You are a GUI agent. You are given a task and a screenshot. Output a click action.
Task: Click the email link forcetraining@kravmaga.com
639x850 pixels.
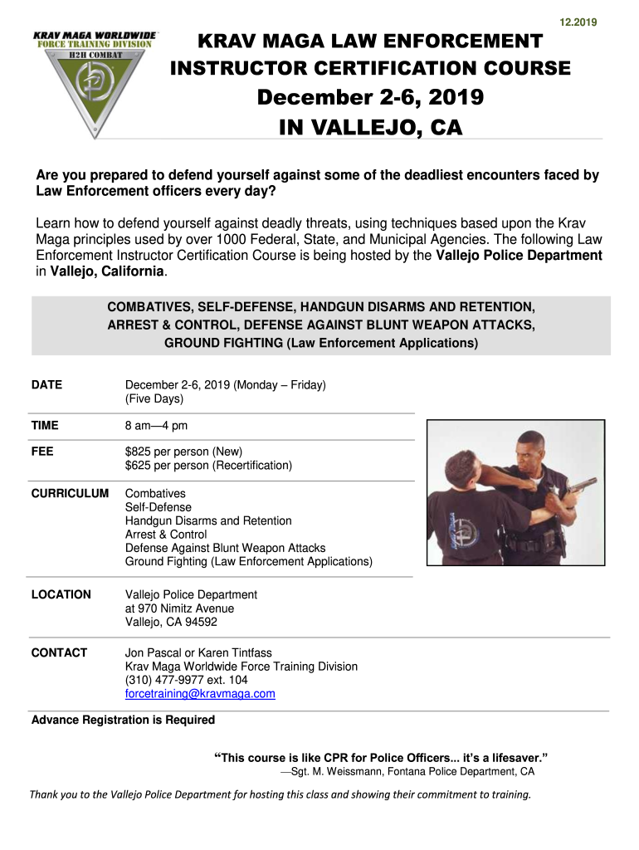click(200, 694)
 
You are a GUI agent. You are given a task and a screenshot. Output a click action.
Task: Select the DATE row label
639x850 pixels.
click(46, 385)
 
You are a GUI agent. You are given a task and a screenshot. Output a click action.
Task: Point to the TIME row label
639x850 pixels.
click(45, 426)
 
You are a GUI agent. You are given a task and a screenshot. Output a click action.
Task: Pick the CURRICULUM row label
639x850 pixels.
click(70, 494)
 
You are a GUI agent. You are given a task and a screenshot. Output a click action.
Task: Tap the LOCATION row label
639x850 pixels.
click(61, 595)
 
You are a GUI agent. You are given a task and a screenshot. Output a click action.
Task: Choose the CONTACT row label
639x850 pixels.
click(59, 653)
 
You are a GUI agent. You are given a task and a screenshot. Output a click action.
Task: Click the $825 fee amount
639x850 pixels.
click(140, 452)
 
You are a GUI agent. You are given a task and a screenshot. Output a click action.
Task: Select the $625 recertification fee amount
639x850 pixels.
click(140, 466)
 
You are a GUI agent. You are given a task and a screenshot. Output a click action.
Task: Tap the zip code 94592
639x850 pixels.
click(200, 622)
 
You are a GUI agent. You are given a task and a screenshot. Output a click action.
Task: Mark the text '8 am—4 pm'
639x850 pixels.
click(156, 426)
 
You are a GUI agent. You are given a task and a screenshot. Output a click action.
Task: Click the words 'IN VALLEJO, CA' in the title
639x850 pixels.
click(369, 128)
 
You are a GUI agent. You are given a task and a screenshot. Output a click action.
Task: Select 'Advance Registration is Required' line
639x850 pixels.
click(123, 721)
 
